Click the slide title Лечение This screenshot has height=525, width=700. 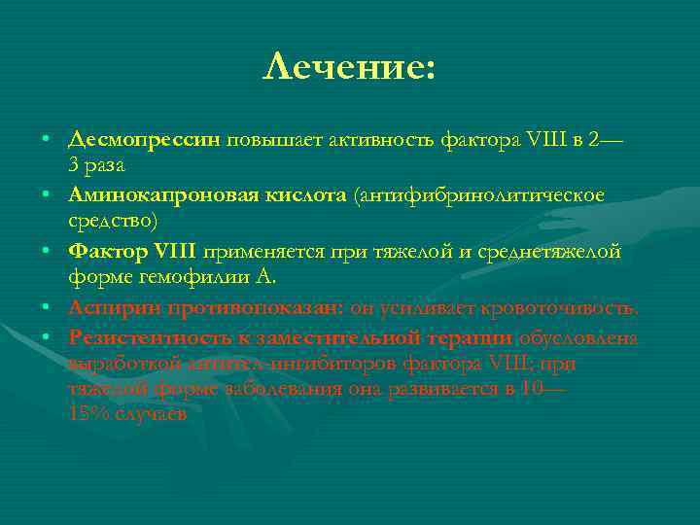point(349,67)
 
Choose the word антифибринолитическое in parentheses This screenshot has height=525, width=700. point(482,195)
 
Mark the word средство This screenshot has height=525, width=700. point(111,221)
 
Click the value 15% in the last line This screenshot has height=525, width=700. point(89,412)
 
